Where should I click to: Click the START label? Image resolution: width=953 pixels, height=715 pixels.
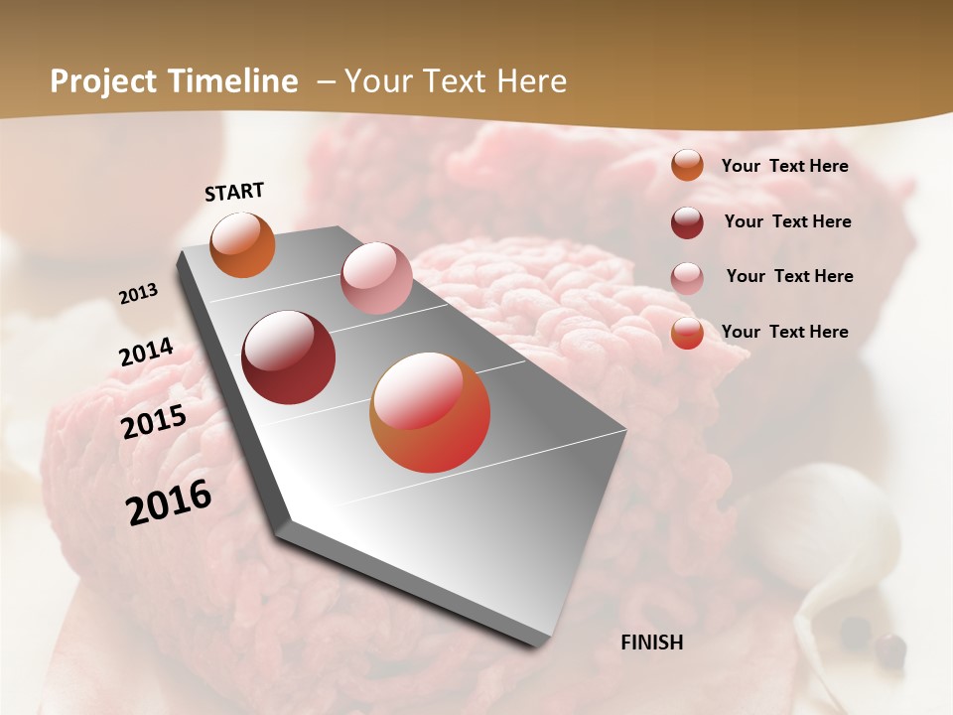pos(234,192)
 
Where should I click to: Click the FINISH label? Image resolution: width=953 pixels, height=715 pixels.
pos(652,643)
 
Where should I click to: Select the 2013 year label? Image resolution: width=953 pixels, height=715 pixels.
pos(139,294)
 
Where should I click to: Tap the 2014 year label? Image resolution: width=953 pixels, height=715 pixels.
pos(147,353)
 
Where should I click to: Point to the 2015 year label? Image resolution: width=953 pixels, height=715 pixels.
pos(154,422)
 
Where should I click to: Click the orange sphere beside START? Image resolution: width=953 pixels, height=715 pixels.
pos(243,244)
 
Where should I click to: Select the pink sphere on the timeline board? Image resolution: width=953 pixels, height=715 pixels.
pos(376,278)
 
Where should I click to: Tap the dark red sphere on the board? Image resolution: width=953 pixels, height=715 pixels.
pos(289,357)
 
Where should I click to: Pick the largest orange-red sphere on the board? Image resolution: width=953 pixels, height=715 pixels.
pos(430,412)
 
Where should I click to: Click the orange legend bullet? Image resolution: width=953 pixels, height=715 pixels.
pos(687,165)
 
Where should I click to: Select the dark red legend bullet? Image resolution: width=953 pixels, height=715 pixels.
pos(687,222)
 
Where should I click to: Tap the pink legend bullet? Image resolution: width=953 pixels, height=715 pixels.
pos(687,278)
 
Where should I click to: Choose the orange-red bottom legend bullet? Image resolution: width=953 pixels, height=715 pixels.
pos(687,333)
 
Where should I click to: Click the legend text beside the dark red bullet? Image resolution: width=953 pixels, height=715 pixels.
pos(787,221)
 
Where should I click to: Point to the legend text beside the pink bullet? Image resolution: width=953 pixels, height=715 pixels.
pos(789,276)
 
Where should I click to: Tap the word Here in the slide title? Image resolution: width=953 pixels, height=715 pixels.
pos(531,81)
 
